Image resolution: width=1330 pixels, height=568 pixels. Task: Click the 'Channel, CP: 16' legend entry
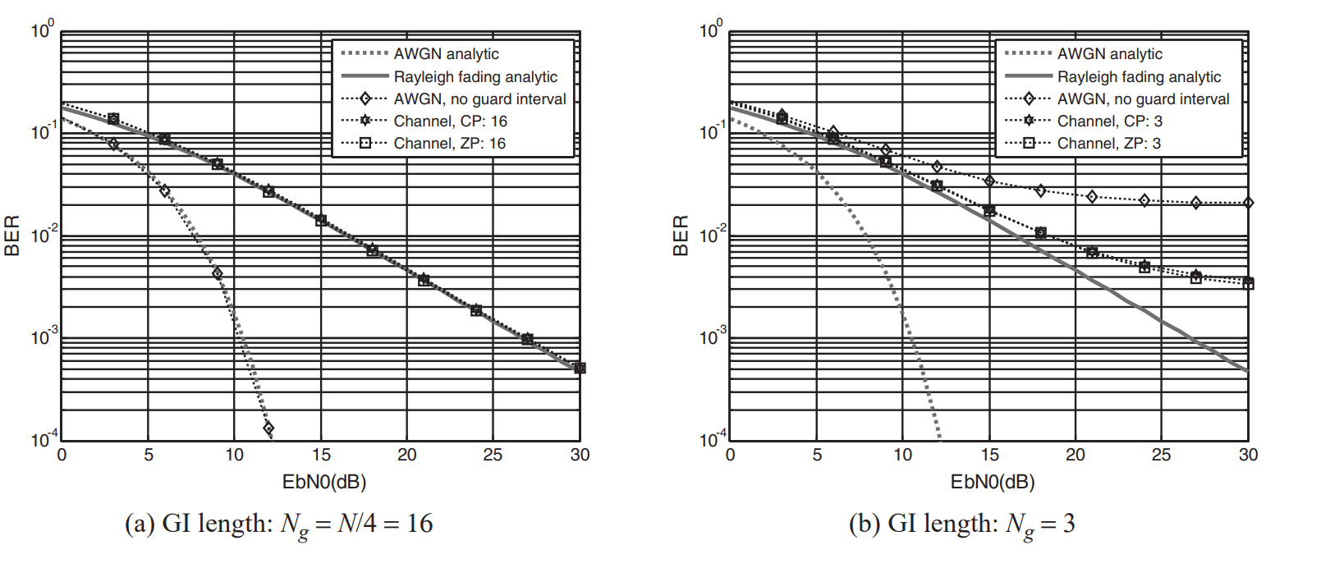[450, 121]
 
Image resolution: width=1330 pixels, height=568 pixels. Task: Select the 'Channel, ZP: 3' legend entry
[1108, 144]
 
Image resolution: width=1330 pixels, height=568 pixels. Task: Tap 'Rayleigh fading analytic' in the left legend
[475, 77]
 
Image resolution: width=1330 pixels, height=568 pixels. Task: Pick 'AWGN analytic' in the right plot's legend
[1109, 54]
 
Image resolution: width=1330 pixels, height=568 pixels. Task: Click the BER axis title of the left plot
[12, 236]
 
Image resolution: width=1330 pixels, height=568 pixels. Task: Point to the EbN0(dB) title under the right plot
[992, 482]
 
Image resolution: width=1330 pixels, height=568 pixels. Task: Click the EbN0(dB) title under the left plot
[323, 482]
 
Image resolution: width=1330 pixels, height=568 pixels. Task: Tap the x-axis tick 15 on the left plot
[321, 455]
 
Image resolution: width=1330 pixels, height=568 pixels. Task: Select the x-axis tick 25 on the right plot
[1161, 455]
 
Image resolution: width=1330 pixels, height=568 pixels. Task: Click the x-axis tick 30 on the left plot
[580, 455]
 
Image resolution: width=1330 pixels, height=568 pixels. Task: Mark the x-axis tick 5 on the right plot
[817, 455]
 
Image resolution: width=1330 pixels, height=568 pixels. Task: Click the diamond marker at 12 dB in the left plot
[268, 428]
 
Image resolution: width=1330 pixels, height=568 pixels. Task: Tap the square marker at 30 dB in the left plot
[580, 368]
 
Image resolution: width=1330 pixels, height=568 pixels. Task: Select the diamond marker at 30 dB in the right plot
[1248, 203]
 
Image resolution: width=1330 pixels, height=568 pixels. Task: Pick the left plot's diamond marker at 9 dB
[217, 273]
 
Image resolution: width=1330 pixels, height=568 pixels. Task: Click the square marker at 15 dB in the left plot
[321, 220]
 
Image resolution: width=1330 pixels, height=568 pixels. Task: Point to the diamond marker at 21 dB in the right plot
[1092, 197]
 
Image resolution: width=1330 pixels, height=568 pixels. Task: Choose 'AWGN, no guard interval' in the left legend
[479, 99]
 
